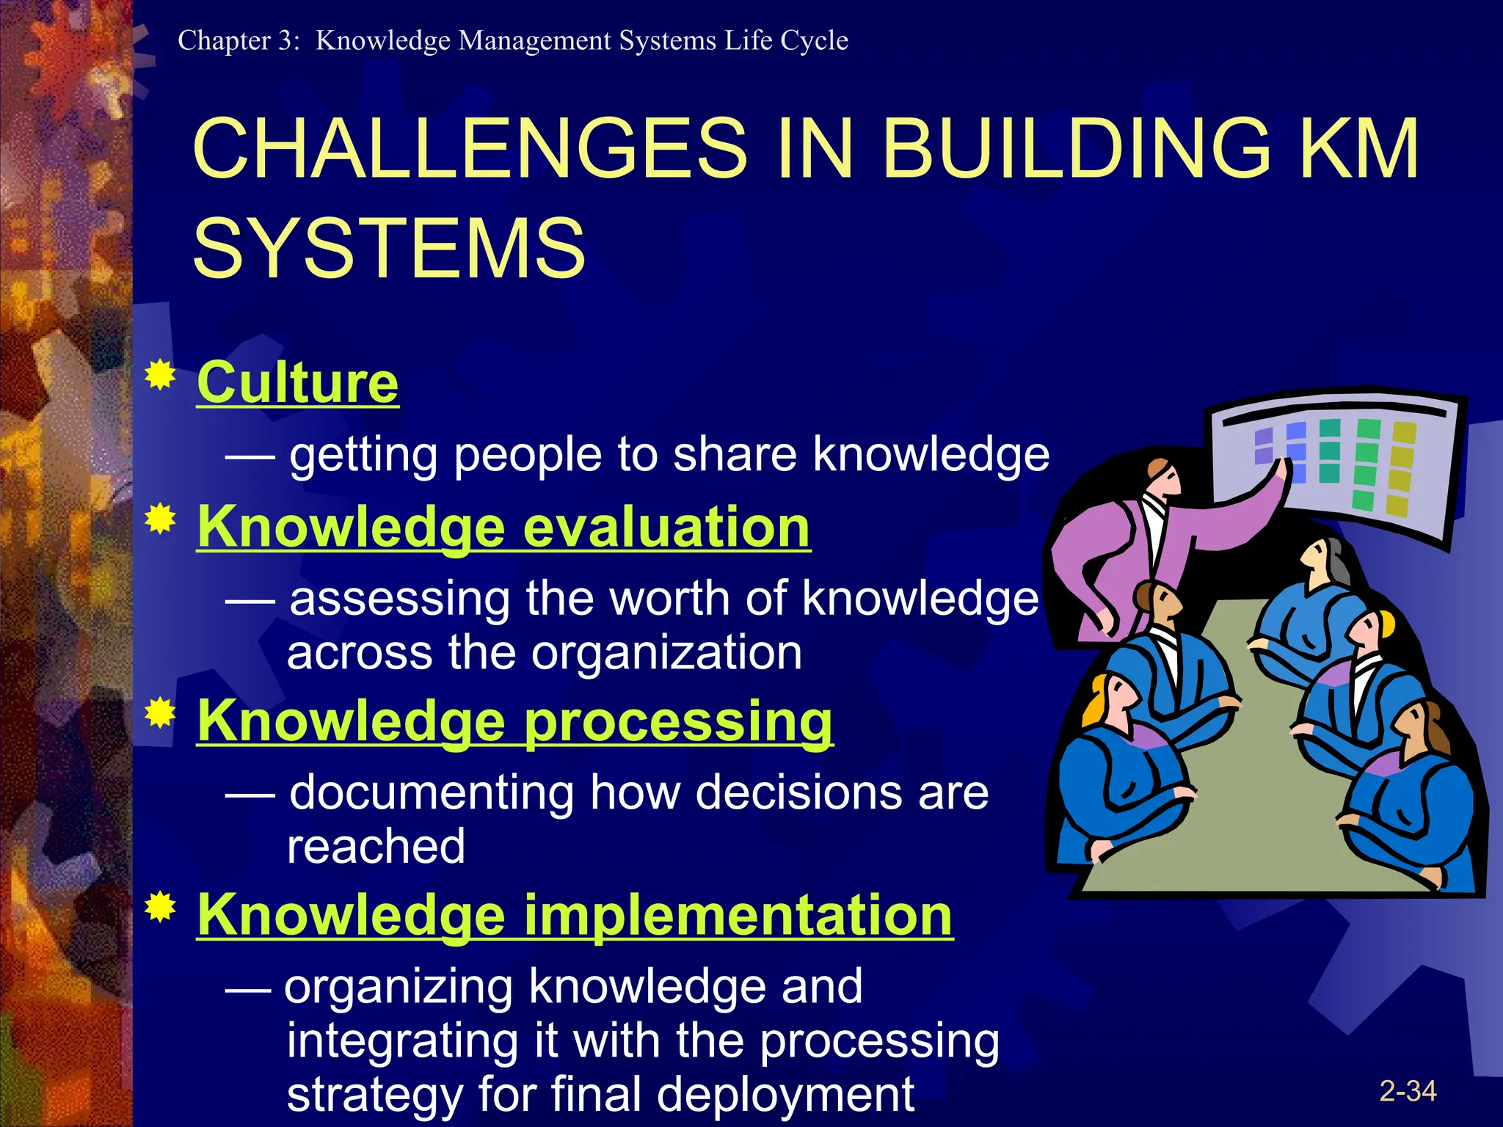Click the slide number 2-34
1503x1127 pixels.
click(1407, 1091)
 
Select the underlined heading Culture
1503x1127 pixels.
click(297, 383)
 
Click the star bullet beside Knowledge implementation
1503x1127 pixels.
click(160, 908)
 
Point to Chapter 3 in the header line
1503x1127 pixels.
click(239, 40)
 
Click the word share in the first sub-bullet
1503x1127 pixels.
click(735, 454)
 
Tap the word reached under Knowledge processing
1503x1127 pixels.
click(376, 846)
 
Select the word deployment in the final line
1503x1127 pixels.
click(785, 1094)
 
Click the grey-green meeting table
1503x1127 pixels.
click(1248, 770)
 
